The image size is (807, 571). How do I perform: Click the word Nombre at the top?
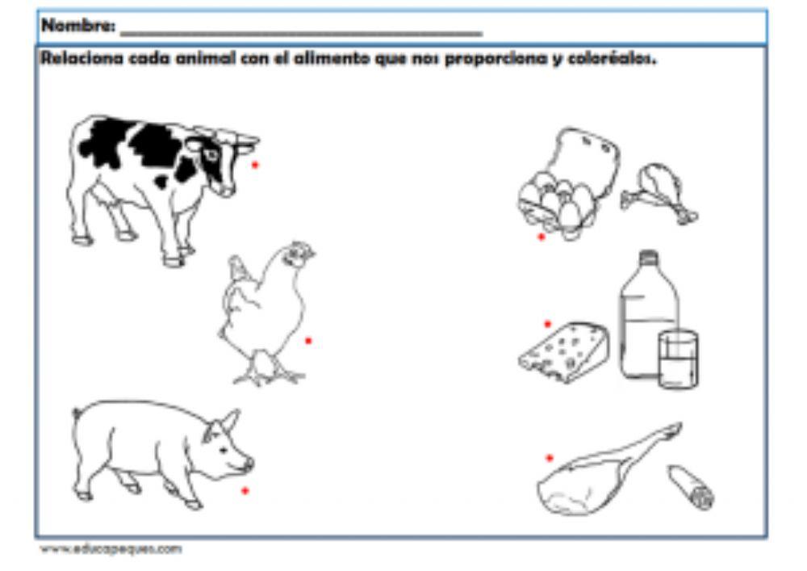pyautogui.click(x=78, y=25)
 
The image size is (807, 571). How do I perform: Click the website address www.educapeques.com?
pyautogui.click(x=111, y=549)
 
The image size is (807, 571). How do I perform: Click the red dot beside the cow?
pyautogui.click(x=255, y=165)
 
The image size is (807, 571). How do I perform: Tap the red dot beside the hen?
pyautogui.click(x=308, y=341)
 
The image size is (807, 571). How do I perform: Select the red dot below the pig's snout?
pyautogui.click(x=245, y=491)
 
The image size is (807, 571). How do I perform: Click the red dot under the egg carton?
pyautogui.click(x=541, y=237)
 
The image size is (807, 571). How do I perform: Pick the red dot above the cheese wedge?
pyautogui.click(x=548, y=324)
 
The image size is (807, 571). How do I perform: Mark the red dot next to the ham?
pyautogui.click(x=550, y=458)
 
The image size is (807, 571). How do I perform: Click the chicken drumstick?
pyautogui.click(x=659, y=193)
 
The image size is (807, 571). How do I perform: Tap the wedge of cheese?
pyautogui.click(x=563, y=352)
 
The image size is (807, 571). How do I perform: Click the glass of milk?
pyautogui.click(x=679, y=359)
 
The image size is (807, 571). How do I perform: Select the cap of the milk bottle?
pyautogui.click(x=649, y=257)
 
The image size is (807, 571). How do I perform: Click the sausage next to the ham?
pyautogui.click(x=691, y=487)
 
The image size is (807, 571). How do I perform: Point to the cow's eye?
pyautogui.click(x=211, y=153)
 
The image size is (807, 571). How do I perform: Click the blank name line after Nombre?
pyautogui.click(x=301, y=33)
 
